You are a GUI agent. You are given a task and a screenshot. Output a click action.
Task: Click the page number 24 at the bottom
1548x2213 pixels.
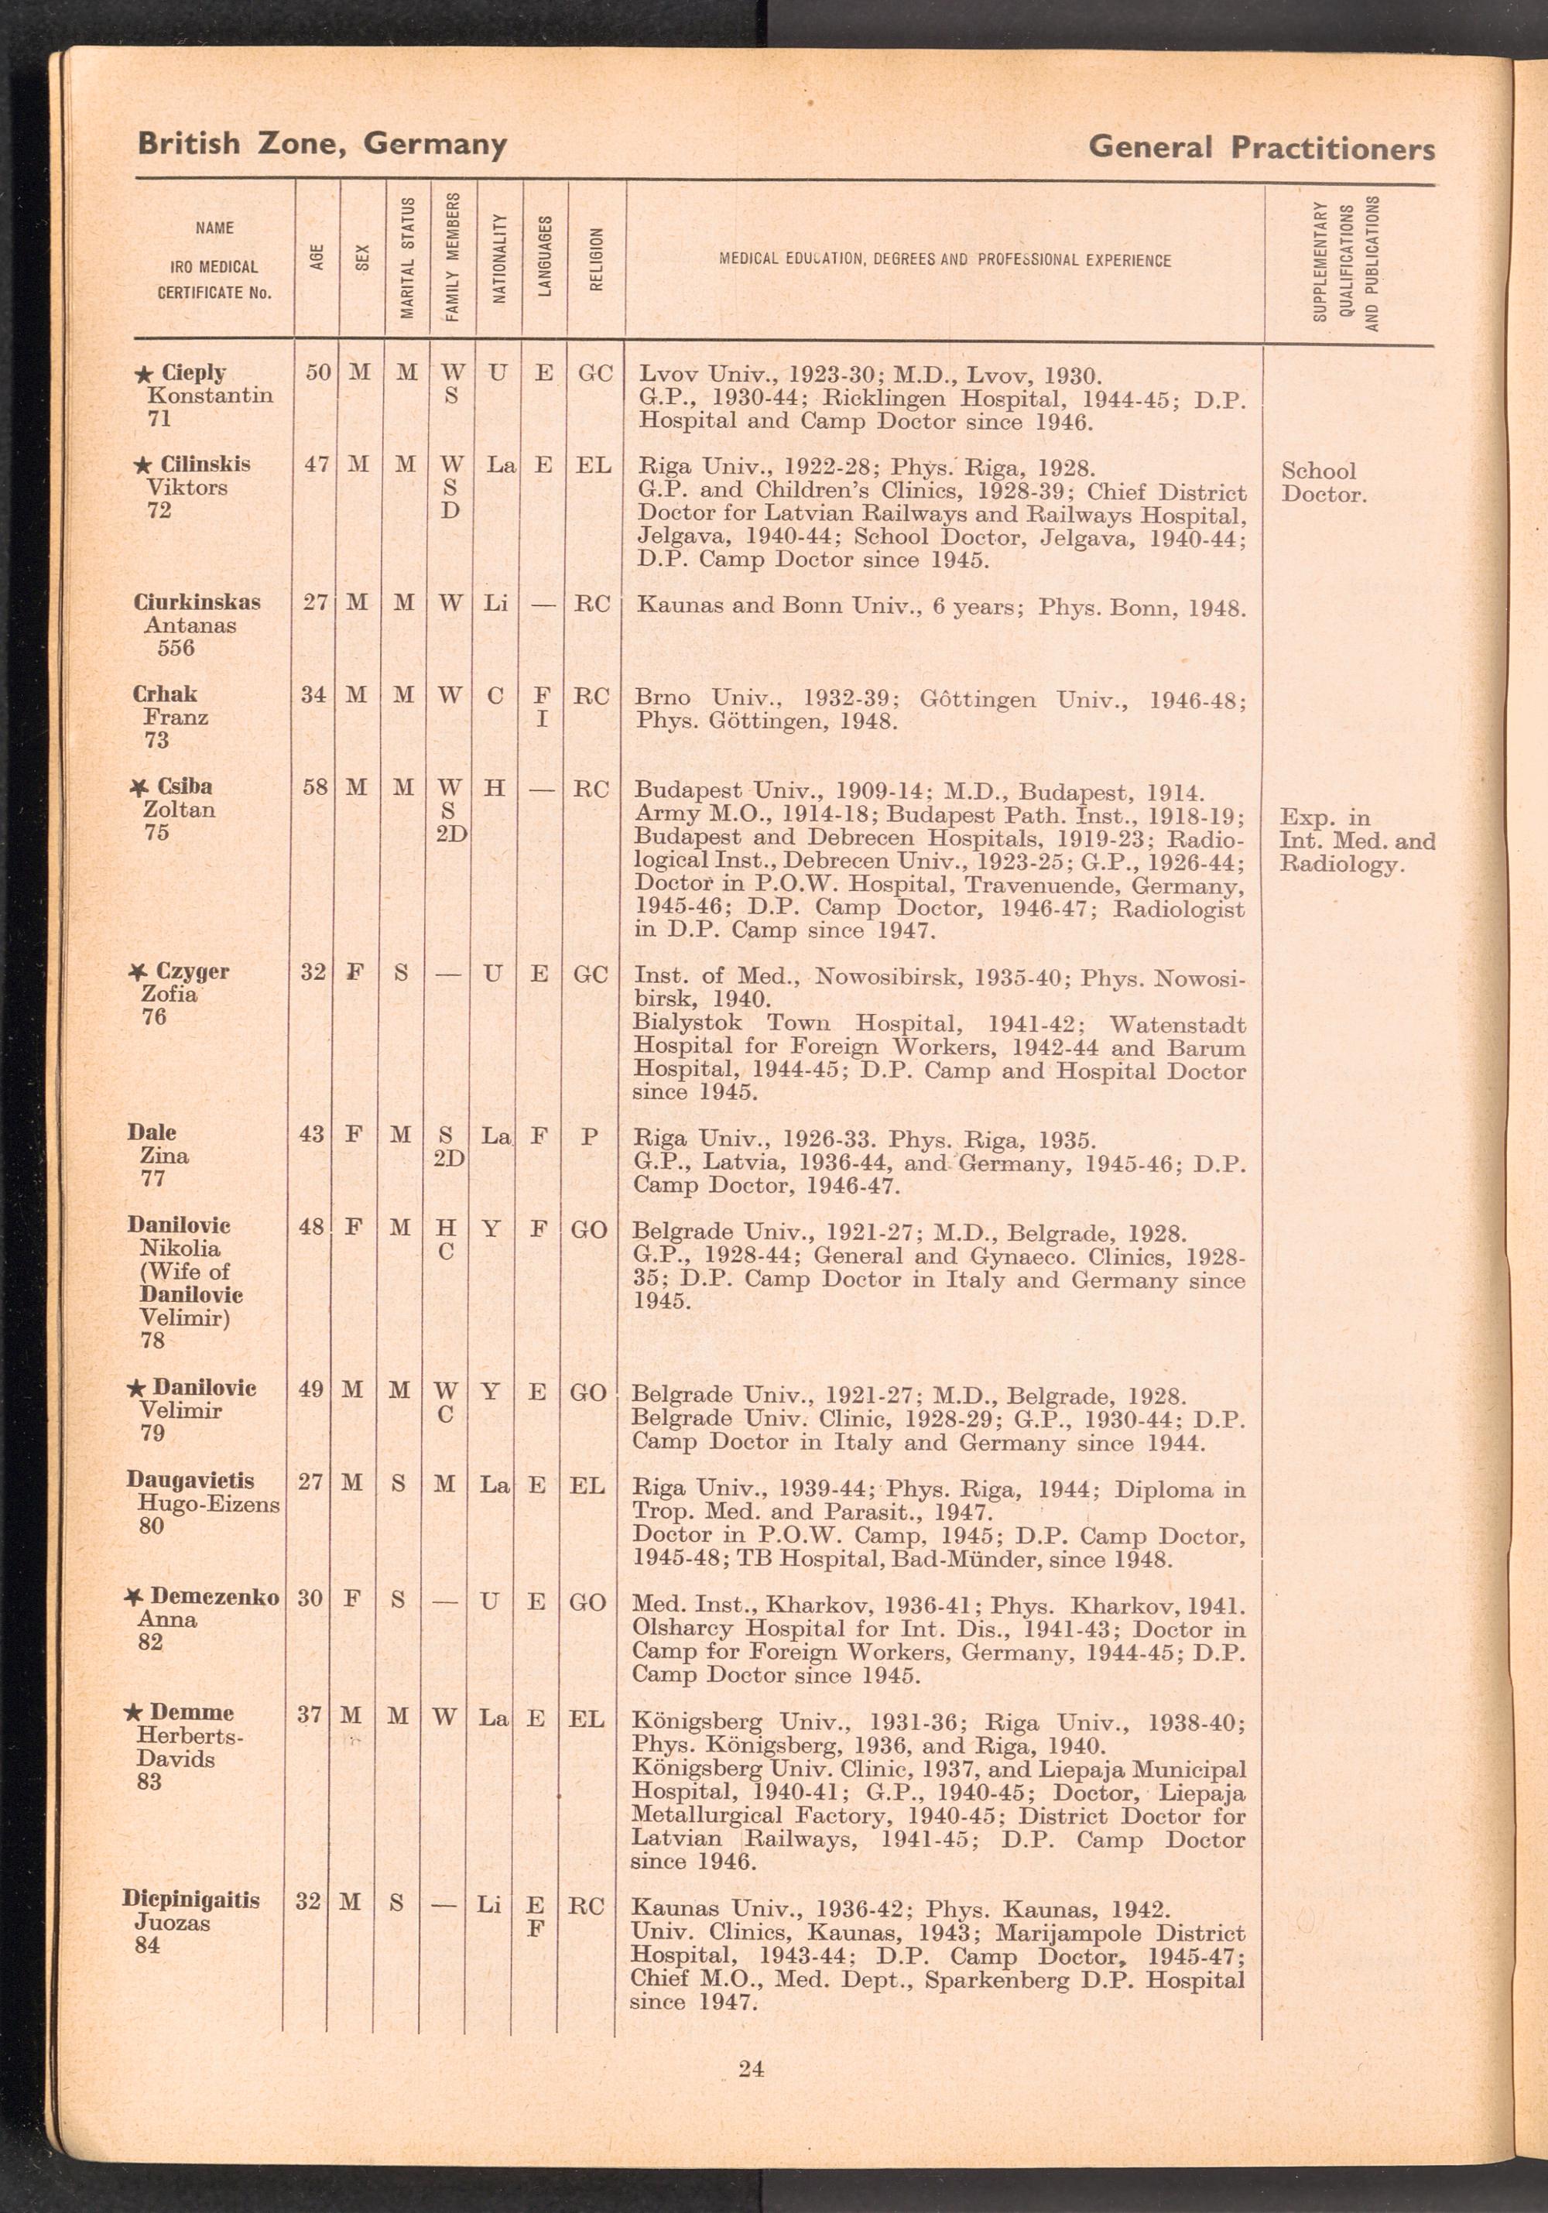point(751,2067)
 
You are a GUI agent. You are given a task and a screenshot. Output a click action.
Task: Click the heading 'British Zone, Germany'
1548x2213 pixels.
point(322,145)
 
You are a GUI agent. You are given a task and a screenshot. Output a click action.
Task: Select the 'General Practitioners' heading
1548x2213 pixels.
point(1261,149)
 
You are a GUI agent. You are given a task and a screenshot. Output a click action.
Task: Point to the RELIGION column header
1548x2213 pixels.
point(596,259)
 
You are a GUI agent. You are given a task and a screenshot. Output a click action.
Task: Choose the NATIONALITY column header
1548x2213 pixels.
point(498,259)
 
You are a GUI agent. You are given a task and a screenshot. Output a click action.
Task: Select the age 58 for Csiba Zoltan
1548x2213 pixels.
point(315,787)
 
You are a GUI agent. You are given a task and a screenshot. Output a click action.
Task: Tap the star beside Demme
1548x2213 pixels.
point(134,1713)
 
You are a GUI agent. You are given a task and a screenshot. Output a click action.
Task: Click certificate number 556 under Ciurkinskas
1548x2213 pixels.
point(176,648)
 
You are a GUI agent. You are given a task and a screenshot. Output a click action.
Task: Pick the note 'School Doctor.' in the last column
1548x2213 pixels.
point(1323,483)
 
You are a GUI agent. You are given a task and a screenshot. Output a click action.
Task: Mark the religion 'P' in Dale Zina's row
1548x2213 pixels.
point(589,1137)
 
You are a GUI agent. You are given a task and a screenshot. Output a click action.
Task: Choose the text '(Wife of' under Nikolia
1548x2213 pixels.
point(184,1271)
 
